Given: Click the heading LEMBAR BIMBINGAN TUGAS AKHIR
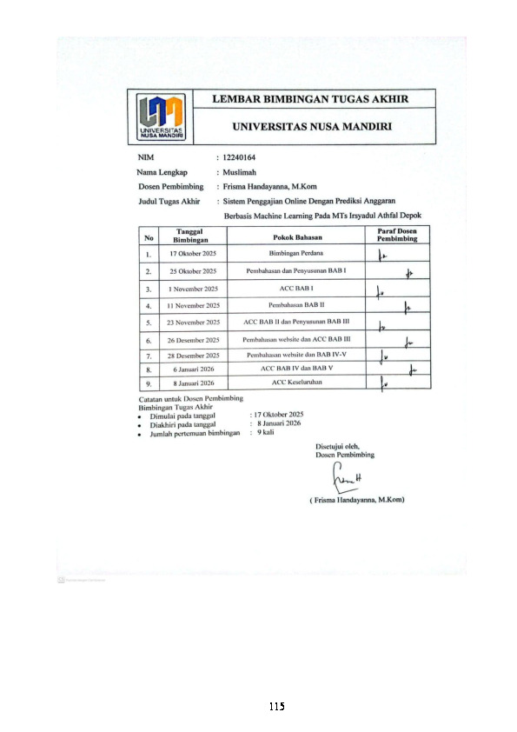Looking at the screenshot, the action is coord(311,99).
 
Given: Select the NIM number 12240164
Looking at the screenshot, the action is coord(241,157).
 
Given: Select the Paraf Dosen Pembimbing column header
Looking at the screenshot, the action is coord(397,236).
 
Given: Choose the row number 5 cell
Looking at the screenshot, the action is coord(149,323).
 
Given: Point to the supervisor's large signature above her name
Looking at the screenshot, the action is coord(345,476).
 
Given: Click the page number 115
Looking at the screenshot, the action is coord(276,706).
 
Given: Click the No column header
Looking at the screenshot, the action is coord(149,236).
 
